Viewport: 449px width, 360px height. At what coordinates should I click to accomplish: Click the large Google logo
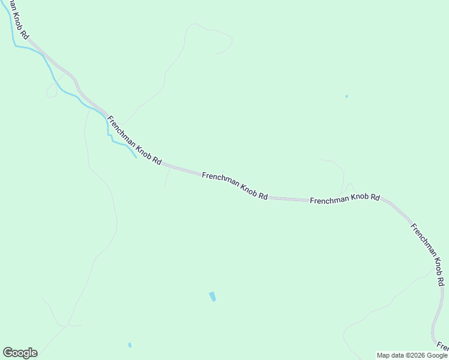(x=20, y=353)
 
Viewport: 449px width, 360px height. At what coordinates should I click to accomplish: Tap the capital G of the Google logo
(x=8, y=353)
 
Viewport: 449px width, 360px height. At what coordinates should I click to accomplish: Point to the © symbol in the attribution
(x=406, y=355)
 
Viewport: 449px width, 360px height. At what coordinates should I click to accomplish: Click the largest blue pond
(x=212, y=296)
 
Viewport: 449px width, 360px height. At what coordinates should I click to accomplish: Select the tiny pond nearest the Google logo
(x=130, y=345)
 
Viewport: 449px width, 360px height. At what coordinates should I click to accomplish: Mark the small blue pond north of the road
(x=346, y=96)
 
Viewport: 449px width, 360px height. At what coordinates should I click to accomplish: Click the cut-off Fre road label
(x=443, y=346)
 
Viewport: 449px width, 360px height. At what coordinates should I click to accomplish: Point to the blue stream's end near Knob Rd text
(x=136, y=158)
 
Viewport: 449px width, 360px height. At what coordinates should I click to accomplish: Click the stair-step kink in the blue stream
(x=110, y=136)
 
